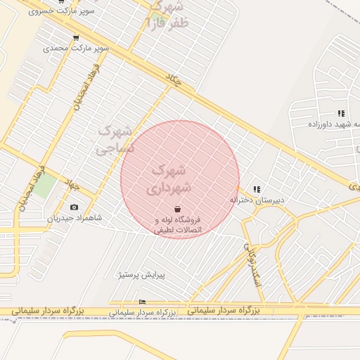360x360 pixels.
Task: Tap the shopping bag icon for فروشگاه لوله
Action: tap(177, 209)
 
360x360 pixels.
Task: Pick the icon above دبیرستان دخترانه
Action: tap(257, 189)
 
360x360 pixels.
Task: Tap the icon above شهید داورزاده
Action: tap(341, 113)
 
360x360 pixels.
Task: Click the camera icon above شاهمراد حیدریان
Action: tap(75, 207)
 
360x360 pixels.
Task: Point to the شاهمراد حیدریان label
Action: tap(75, 218)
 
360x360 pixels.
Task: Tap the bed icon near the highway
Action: tap(143, 302)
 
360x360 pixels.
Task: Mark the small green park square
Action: tap(46, 184)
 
